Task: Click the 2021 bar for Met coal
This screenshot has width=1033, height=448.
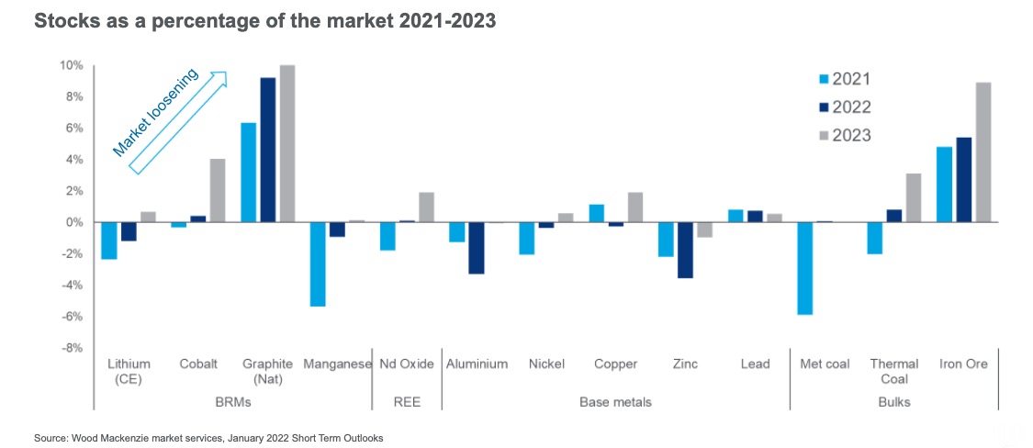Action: pyautogui.click(x=805, y=268)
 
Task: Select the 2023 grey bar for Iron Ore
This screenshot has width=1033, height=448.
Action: pyautogui.click(x=982, y=152)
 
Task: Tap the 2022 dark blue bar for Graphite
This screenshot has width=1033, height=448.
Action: pyautogui.click(x=267, y=150)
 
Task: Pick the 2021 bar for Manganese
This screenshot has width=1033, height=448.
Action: pyautogui.click(x=317, y=264)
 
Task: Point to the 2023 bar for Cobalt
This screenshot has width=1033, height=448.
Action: pyautogui.click(x=217, y=191)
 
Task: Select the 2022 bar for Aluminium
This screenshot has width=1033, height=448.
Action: pyautogui.click(x=477, y=248)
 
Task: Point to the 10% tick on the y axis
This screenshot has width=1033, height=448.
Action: pyautogui.click(x=72, y=65)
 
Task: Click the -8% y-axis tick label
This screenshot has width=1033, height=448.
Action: pyautogui.click(x=72, y=348)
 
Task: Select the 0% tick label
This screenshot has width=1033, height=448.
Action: pyautogui.click(x=75, y=222)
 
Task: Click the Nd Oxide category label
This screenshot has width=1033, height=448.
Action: pyautogui.click(x=406, y=364)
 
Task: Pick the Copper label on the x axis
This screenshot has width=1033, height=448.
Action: pyautogui.click(x=615, y=364)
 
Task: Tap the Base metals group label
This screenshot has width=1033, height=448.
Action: pyautogui.click(x=615, y=402)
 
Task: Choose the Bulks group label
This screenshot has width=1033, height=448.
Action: pyautogui.click(x=893, y=402)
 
